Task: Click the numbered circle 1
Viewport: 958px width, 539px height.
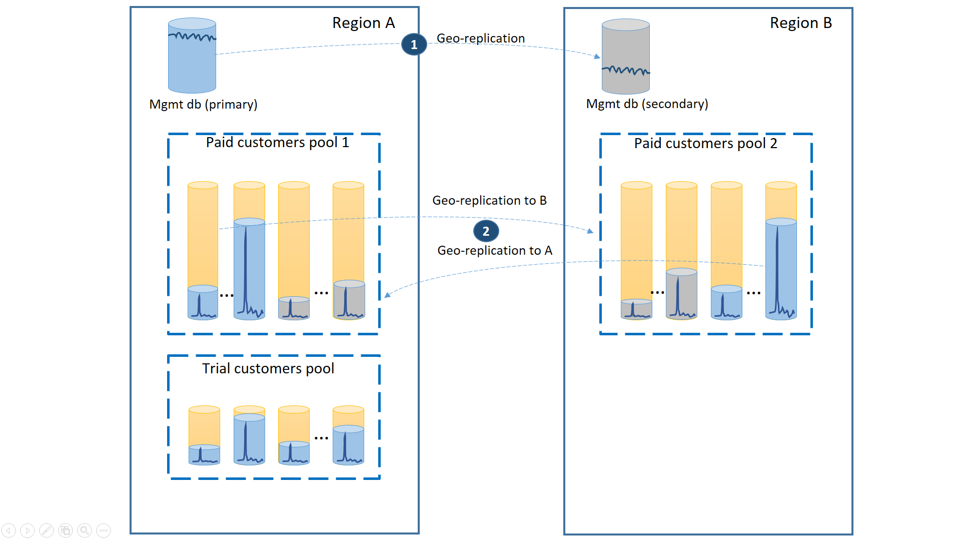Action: point(414,45)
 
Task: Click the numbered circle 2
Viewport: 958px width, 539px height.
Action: point(485,231)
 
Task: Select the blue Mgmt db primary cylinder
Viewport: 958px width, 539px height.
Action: point(192,56)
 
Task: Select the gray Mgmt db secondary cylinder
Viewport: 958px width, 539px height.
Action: point(625,57)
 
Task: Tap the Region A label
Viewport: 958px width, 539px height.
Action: point(363,23)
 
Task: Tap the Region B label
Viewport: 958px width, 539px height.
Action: point(800,23)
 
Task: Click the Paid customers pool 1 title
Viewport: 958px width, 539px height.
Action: point(277,143)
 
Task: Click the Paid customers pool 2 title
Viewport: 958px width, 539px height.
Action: point(705,144)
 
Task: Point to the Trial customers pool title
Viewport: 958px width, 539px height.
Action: point(268,369)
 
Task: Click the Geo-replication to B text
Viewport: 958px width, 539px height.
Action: point(489,201)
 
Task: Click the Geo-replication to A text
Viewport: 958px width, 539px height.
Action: point(494,251)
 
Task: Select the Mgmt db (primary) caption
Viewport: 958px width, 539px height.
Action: point(203,105)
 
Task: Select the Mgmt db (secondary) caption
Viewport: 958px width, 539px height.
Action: point(646,104)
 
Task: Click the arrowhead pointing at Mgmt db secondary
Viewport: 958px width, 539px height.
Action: point(597,57)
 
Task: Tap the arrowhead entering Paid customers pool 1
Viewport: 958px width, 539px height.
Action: point(387,295)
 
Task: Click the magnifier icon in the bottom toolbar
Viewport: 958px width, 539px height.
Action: point(85,530)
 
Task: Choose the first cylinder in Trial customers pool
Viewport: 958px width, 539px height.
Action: point(204,435)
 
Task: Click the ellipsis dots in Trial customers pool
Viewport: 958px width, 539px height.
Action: point(321,438)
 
